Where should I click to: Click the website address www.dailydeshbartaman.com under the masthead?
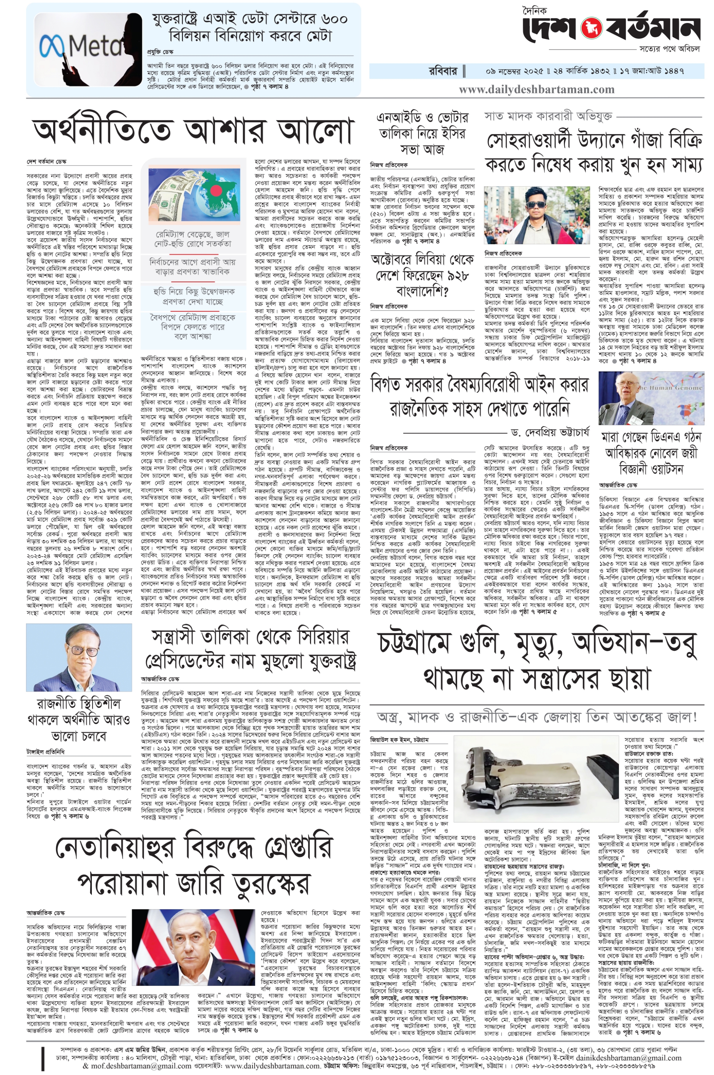[536, 89]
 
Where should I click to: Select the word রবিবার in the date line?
[443, 72]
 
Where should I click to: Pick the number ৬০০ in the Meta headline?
[334, 19]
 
